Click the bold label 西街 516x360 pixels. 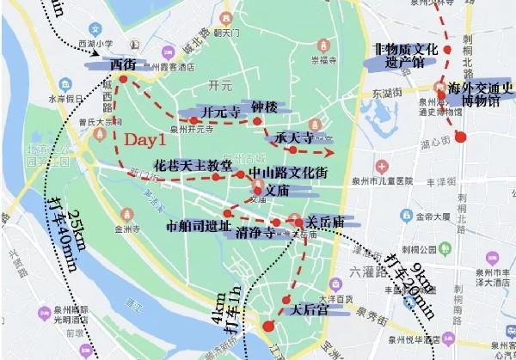117,64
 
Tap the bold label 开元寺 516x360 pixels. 220,113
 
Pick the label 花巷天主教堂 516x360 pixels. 192,164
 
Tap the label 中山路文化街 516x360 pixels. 287,173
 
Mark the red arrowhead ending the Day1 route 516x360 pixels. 329,152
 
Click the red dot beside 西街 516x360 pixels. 123,79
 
